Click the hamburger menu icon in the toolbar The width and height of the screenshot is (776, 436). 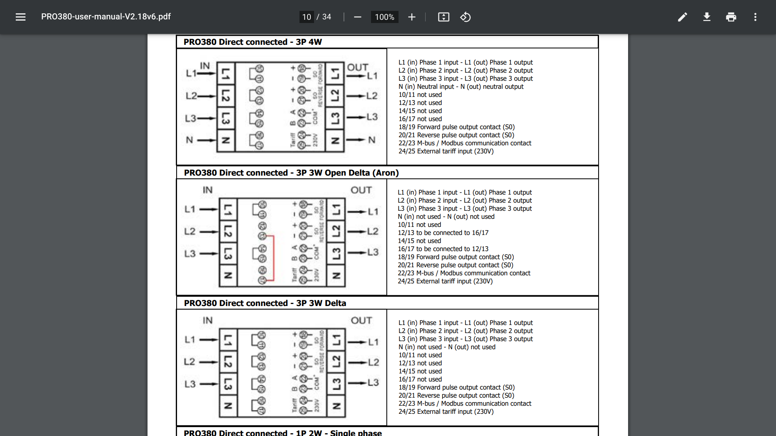21,17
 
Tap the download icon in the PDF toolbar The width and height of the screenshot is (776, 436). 707,17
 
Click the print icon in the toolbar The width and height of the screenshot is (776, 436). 731,17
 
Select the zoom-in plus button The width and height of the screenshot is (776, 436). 412,17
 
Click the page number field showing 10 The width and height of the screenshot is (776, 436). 307,17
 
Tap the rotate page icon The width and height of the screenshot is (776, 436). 466,17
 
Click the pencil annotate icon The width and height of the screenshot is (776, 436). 683,17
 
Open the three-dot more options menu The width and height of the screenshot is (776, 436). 755,17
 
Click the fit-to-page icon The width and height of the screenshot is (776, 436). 444,17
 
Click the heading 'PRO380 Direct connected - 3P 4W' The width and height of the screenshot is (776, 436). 253,42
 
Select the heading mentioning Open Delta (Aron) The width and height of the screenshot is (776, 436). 291,173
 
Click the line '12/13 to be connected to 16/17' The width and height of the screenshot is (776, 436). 443,233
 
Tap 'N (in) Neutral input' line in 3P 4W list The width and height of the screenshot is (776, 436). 461,87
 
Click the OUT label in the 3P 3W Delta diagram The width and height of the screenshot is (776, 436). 361,321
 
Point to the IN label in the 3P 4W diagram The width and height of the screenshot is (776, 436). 205,66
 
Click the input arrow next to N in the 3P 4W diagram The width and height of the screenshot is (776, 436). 207,140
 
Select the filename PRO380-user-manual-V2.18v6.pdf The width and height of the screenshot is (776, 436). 106,17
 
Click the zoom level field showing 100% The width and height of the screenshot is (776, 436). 384,17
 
